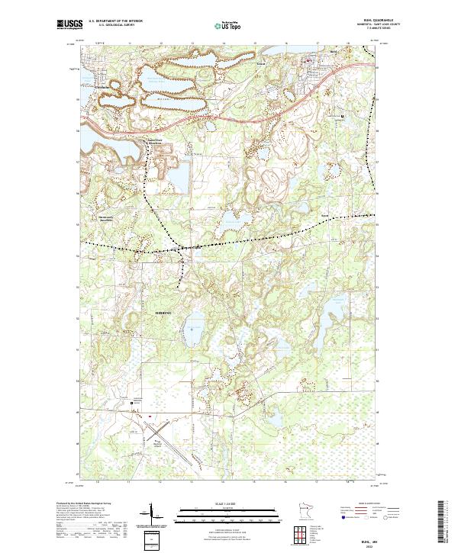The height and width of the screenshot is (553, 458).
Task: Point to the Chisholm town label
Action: tap(107, 86)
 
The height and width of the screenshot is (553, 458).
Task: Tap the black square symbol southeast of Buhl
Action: tap(342, 116)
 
